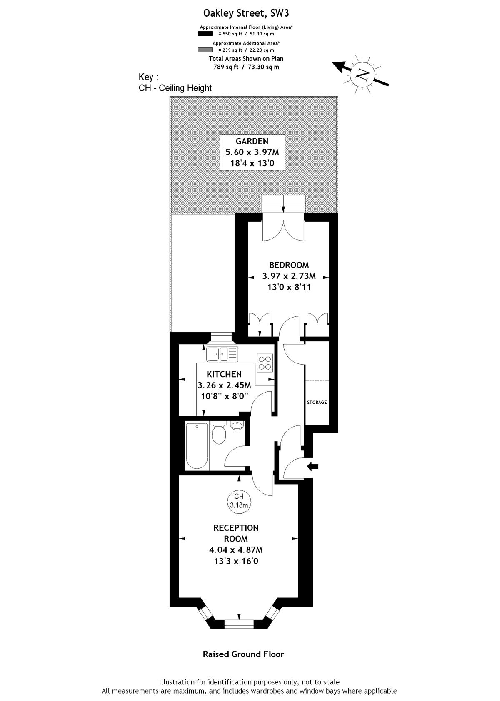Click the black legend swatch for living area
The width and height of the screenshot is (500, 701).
[x=205, y=34]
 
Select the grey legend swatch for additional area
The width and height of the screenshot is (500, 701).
[x=205, y=50]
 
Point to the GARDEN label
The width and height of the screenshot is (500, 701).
[x=252, y=141]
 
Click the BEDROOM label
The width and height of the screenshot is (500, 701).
[x=289, y=265]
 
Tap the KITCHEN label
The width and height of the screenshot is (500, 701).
[x=224, y=374]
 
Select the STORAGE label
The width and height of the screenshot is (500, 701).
[x=317, y=402]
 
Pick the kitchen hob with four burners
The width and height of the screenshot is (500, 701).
[x=265, y=363]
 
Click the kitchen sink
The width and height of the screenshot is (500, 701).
[x=222, y=354]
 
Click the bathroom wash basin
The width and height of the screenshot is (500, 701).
[x=237, y=425]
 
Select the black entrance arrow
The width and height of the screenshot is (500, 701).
[x=312, y=467]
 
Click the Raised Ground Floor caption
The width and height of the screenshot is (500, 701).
[x=243, y=654]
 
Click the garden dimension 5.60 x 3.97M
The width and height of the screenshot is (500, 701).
[x=252, y=152]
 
